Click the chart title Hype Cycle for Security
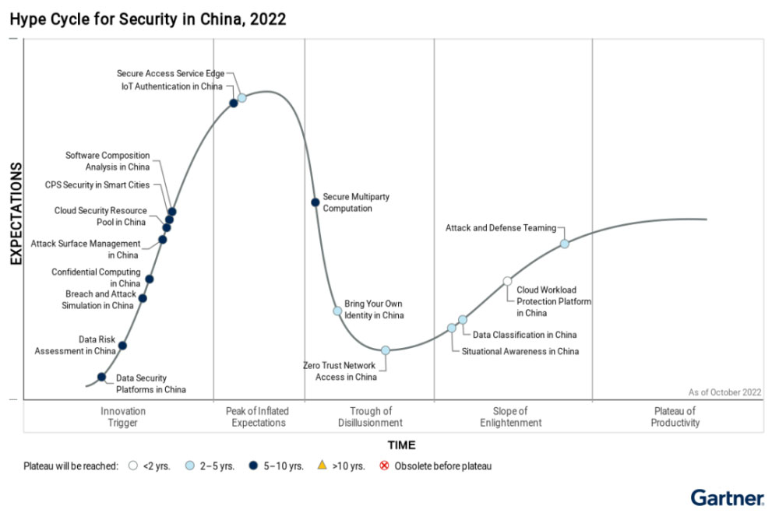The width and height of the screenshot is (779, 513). click(x=148, y=19)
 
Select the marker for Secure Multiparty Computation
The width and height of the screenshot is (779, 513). click(x=315, y=202)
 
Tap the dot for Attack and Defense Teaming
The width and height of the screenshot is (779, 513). click(x=565, y=244)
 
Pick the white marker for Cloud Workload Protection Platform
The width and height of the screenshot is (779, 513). click(x=507, y=281)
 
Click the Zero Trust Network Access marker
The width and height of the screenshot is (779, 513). click(x=386, y=350)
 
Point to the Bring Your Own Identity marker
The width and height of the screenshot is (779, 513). click(x=337, y=311)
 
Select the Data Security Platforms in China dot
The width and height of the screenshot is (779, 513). click(x=101, y=377)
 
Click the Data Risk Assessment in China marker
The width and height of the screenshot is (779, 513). click(x=122, y=345)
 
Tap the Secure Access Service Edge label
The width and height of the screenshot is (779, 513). click(x=171, y=73)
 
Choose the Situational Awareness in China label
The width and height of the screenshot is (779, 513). click(x=520, y=351)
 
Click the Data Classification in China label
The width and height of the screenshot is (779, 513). click(x=524, y=335)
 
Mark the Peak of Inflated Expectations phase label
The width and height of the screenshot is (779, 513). click(x=257, y=416)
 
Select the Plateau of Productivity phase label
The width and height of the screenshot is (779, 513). click(x=675, y=416)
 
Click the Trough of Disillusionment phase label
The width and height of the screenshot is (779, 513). click(x=371, y=416)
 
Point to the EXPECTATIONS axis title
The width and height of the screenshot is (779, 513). click(x=15, y=214)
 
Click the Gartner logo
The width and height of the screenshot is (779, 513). click(x=727, y=497)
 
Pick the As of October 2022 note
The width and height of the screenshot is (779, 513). click(x=724, y=392)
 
